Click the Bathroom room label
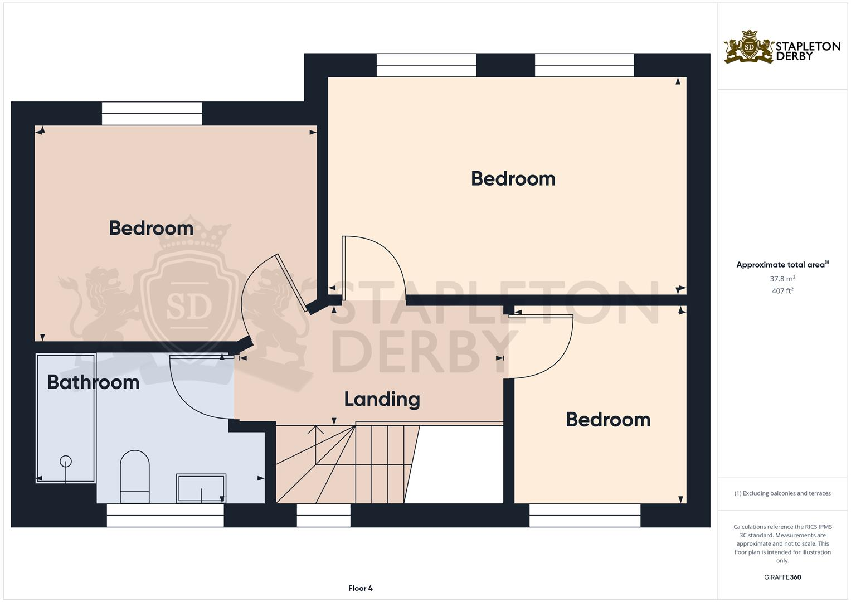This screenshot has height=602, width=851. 93,382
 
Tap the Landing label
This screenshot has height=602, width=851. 382,399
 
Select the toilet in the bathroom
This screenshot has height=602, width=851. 135,477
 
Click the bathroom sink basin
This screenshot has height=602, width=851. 201,488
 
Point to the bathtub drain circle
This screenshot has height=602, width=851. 66,461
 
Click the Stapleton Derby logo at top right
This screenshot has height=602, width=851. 782,47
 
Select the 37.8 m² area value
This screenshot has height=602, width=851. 782,279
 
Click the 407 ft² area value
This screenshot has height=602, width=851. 782,291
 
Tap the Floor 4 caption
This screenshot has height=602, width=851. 360,588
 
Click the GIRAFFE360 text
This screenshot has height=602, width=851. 782,577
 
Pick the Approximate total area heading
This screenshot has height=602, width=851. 782,265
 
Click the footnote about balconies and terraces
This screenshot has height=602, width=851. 782,493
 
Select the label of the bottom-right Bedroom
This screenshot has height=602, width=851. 608,420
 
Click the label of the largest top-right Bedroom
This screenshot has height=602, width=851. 513,179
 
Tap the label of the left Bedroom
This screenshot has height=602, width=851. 151,228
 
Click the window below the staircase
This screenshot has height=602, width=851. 323,516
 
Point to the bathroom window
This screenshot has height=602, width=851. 165,516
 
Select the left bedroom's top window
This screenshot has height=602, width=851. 152,113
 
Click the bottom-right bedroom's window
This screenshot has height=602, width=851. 585,516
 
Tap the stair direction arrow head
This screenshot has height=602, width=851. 316,428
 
